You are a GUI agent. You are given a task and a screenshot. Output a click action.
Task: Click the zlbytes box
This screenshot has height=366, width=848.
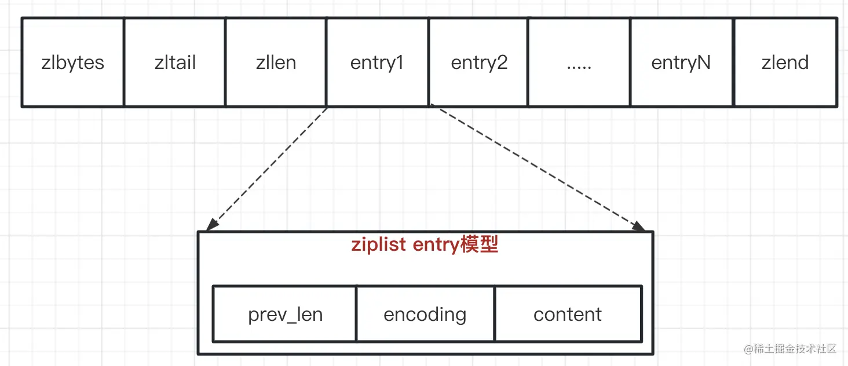click(72, 63)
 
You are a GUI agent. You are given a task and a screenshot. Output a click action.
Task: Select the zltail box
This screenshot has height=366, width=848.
click(175, 63)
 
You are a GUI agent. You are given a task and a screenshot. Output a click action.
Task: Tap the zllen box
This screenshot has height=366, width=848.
click(276, 63)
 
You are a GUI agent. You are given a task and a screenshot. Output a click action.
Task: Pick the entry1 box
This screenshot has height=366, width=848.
click(377, 63)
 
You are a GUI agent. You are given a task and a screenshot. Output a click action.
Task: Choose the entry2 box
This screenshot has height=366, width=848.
click(479, 63)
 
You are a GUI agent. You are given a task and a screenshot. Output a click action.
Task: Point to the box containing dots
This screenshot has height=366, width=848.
click(579, 63)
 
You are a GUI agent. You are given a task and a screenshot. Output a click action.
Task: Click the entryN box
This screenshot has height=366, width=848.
click(681, 63)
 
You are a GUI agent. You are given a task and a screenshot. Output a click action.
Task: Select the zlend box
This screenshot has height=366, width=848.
click(785, 63)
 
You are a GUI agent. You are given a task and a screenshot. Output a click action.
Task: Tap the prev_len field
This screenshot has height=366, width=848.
click(285, 314)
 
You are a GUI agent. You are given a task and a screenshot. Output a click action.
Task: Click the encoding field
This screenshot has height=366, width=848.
click(425, 314)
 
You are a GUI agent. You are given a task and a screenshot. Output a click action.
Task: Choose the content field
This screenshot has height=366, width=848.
click(568, 314)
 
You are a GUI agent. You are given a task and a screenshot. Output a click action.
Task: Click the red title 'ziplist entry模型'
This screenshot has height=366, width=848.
click(425, 245)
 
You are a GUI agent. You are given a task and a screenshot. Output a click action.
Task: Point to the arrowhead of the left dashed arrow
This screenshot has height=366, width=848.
click(211, 226)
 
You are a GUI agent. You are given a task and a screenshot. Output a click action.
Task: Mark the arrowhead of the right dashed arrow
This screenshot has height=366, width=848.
click(640, 226)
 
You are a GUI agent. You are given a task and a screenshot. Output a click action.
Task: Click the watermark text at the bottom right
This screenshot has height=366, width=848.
click(791, 349)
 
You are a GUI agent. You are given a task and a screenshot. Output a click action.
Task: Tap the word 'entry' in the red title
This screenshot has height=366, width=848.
click(435, 245)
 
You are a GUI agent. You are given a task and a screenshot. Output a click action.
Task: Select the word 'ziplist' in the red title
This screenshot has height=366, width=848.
click(379, 245)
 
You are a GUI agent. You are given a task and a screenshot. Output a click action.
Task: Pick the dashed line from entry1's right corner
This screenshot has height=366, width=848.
click(536, 166)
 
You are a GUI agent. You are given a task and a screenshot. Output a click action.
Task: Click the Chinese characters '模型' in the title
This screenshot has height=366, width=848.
click(479, 245)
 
